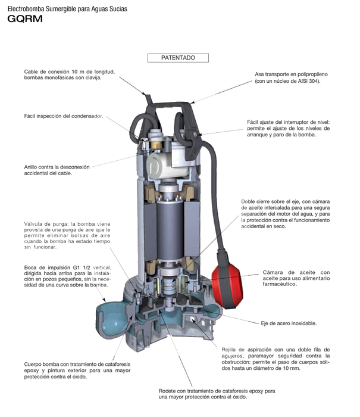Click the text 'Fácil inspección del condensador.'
[64, 116]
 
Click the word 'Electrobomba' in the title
[25, 7]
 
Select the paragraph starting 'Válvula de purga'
[65, 233]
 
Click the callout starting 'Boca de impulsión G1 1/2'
[65, 276]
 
